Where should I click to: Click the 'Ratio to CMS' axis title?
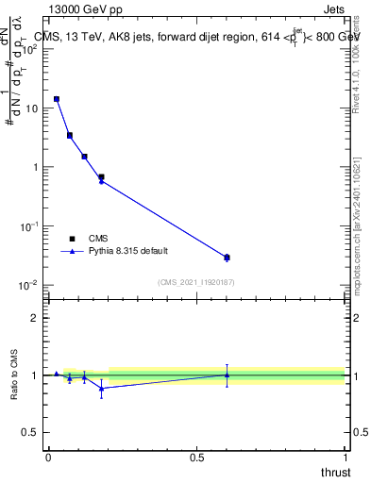[15, 375]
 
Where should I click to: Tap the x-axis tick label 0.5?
[196, 458]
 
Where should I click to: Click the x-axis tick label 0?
[48, 458]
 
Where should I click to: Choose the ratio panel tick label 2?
[35, 317]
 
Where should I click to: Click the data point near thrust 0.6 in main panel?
[227, 257]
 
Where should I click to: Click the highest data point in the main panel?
[57, 98]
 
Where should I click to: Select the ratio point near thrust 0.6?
[227, 375]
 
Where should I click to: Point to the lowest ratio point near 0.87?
[101, 388]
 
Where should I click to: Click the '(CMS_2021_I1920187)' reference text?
[195, 282]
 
